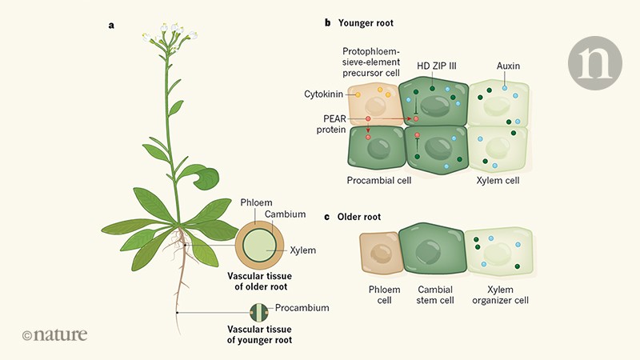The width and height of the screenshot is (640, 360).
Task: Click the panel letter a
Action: point(111,25)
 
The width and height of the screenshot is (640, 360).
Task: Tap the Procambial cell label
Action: point(379,181)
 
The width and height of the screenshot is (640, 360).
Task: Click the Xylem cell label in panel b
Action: point(498,181)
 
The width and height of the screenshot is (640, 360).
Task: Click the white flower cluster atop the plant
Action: point(170,34)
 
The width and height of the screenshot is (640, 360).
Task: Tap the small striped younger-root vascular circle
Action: point(258,313)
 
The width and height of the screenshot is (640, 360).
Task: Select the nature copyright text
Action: point(54,335)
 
